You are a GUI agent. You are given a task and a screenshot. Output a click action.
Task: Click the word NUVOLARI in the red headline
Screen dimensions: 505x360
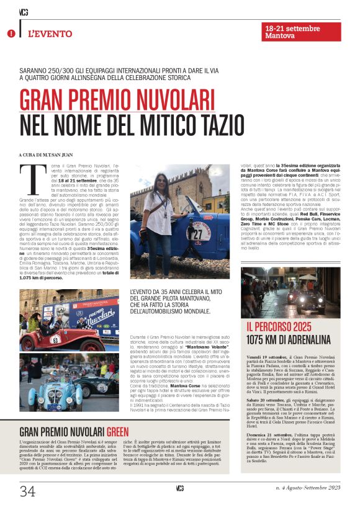160,101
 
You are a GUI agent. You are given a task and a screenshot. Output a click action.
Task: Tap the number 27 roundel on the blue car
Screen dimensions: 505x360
198,236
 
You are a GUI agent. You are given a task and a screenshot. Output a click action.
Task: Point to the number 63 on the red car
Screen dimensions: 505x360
55,339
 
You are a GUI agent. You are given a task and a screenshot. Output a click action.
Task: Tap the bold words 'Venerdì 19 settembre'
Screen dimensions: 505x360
269,359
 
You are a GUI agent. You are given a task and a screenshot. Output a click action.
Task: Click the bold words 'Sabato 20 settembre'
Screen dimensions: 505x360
268,402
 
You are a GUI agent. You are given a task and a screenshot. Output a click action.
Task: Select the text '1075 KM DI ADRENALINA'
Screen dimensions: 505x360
289,339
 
